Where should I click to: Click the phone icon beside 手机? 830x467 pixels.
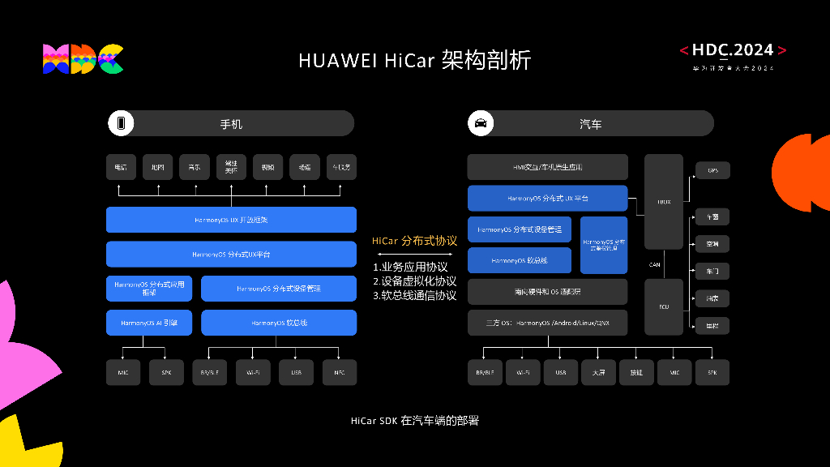pyautogui.click(x=122, y=124)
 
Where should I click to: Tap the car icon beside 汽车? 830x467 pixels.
pyautogui.click(x=481, y=124)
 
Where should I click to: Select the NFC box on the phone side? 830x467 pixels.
pyautogui.click(x=339, y=372)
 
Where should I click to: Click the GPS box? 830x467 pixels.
pyautogui.click(x=712, y=170)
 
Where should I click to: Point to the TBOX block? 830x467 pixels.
pyautogui.click(x=664, y=201)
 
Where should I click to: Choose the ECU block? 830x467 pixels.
pyautogui.click(x=664, y=307)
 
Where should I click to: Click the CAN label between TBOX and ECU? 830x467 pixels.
pyautogui.click(x=654, y=264)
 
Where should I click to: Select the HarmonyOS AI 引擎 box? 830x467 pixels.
pyautogui.click(x=149, y=323)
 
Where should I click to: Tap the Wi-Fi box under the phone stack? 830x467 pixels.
pyautogui.click(x=253, y=372)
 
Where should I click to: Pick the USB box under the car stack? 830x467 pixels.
pyautogui.click(x=561, y=372)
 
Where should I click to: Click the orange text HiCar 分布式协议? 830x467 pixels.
pyautogui.click(x=414, y=241)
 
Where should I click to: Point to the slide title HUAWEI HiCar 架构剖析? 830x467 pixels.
pyautogui.click(x=414, y=60)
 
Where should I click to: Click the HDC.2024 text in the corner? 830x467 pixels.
pyautogui.click(x=733, y=50)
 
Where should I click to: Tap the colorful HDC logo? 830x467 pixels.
pyautogui.click(x=83, y=59)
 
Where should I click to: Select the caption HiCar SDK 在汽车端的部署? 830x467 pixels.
pyautogui.click(x=414, y=421)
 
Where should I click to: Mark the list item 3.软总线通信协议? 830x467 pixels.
pyautogui.click(x=414, y=295)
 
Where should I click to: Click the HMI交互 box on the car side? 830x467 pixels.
pyautogui.click(x=547, y=167)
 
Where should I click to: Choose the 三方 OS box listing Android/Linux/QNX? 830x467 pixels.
pyautogui.click(x=547, y=323)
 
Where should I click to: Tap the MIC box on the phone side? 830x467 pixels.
pyautogui.click(x=123, y=372)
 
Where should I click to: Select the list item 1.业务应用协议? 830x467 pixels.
pyautogui.click(x=410, y=267)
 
